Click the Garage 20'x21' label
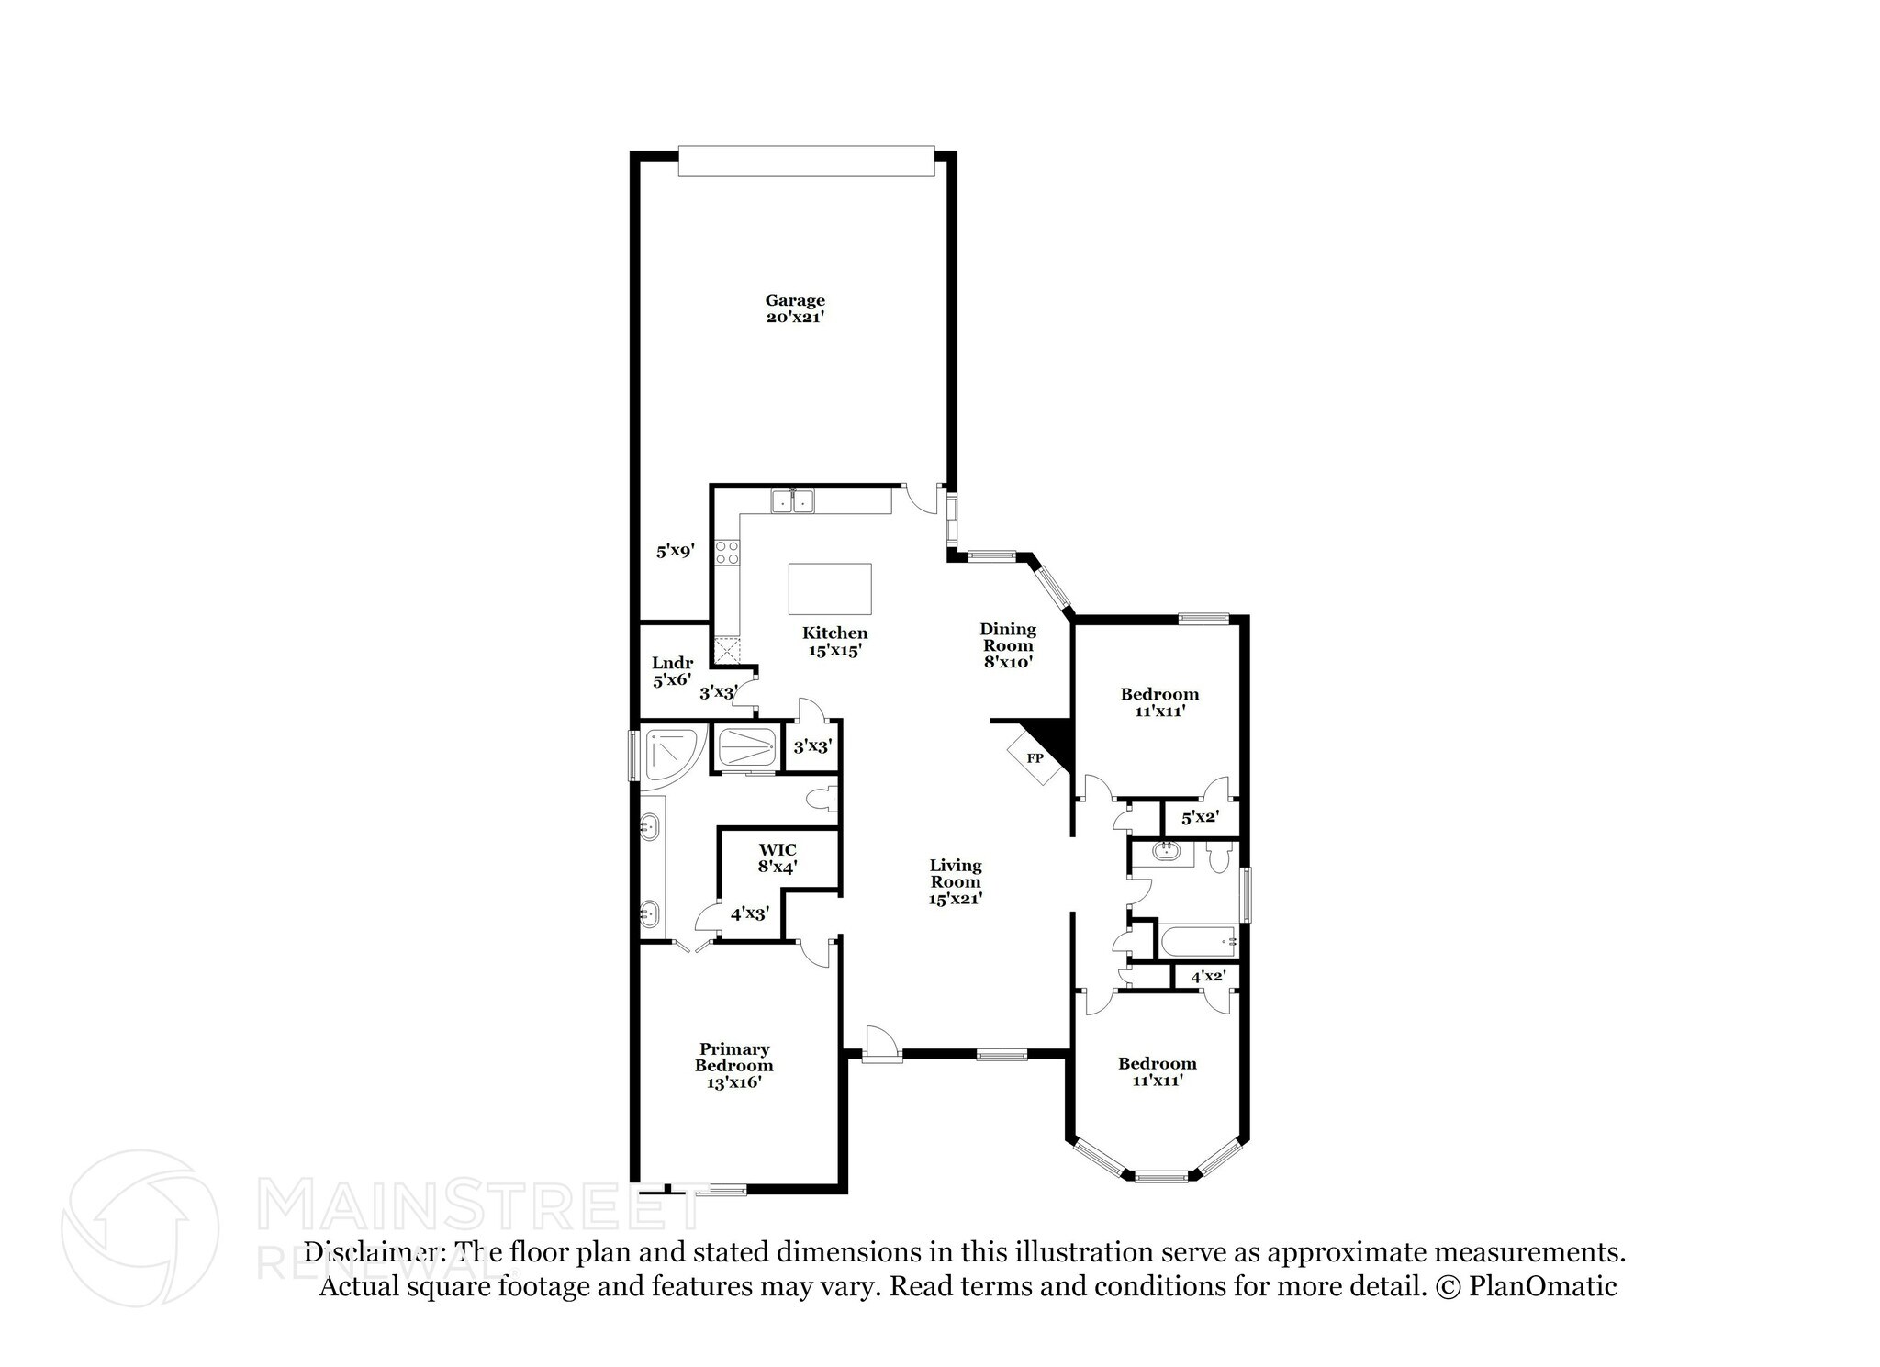pyautogui.click(x=795, y=308)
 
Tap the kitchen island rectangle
pyautogui.click(x=830, y=588)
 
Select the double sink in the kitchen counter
pyautogui.click(x=793, y=501)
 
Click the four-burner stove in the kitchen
pyautogui.click(x=728, y=552)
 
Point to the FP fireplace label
pyautogui.click(x=1035, y=758)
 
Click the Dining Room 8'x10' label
pyautogui.click(x=1008, y=644)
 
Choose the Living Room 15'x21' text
pyautogui.click(x=955, y=881)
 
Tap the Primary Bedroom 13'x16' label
pyautogui.click(x=733, y=1065)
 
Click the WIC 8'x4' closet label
pyautogui.click(x=778, y=857)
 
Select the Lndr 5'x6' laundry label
pyautogui.click(x=672, y=671)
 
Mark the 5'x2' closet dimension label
pyautogui.click(x=1199, y=816)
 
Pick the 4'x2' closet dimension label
pyautogui.click(x=1208, y=976)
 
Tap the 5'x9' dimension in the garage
pyautogui.click(x=675, y=551)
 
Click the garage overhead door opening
pyautogui.click(x=806, y=161)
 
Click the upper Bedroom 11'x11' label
pyautogui.click(x=1159, y=701)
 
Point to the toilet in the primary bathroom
pyautogui.click(x=822, y=799)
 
